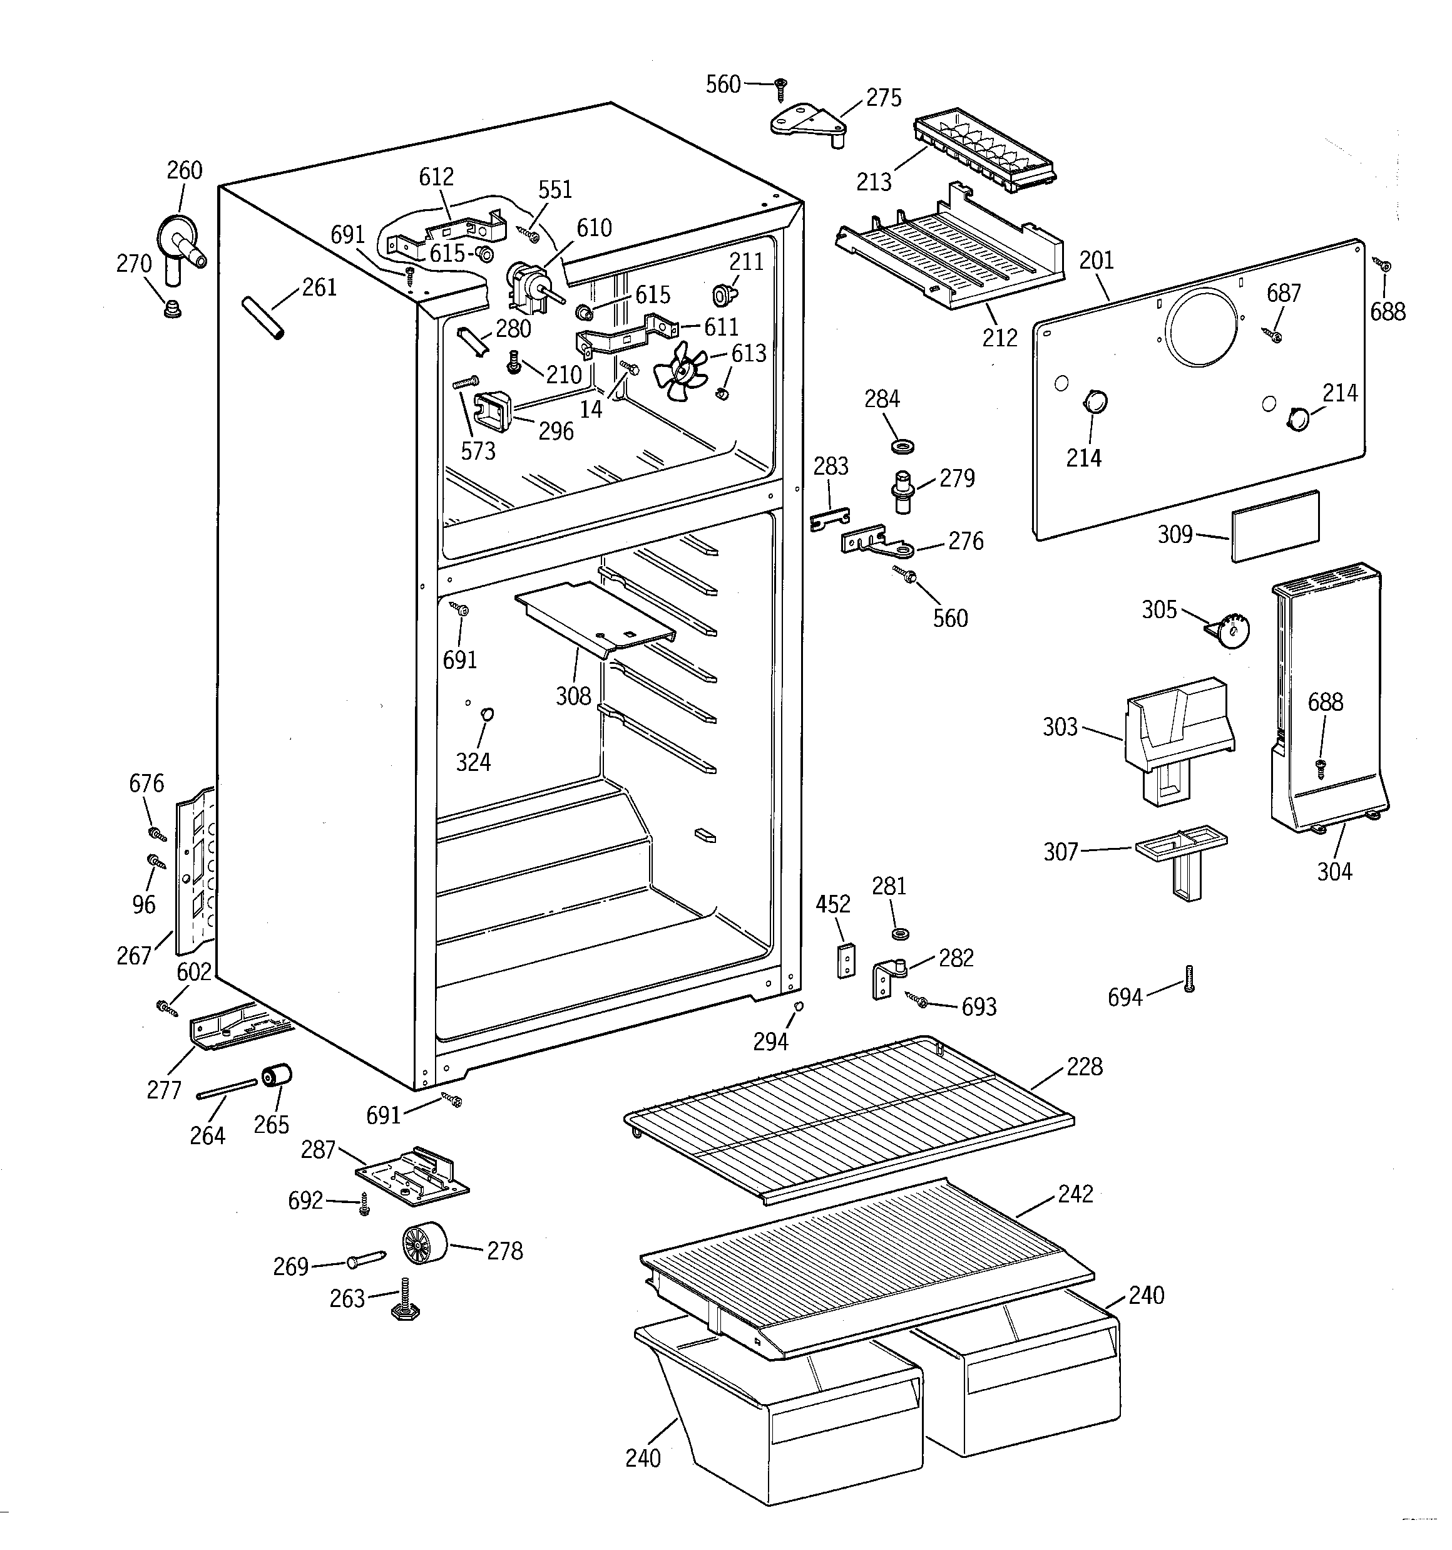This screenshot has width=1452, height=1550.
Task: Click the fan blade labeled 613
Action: click(x=680, y=375)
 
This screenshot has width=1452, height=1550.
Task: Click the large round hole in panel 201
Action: click(x=1201, y=328)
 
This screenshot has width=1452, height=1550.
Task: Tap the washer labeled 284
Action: click(x=902, y=447)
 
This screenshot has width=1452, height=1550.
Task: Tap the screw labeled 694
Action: click(x=1189, y=978)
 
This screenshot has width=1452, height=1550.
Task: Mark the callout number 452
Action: click(x=832, y=904)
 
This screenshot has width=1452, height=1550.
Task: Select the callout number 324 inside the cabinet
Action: click(x=473, y=762)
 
